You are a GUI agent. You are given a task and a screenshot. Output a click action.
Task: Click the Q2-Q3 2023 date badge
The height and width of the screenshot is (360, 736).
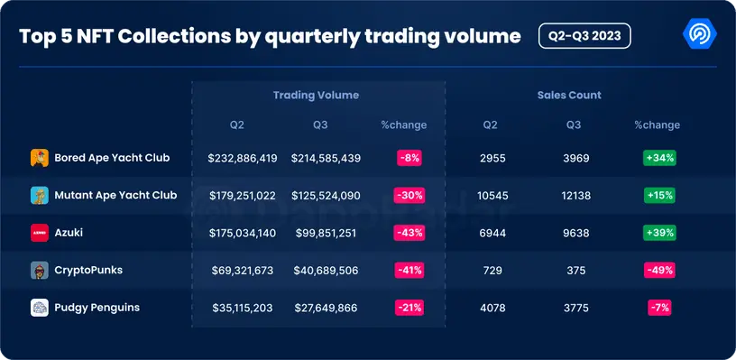pos(584,35)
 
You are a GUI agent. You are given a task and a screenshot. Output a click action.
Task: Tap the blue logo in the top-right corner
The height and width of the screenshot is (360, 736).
pos(701,36)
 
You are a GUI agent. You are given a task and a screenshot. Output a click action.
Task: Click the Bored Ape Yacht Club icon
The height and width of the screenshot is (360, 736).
pos(39,158)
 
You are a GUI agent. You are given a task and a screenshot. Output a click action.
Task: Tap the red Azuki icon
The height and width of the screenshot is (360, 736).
pos(39,233)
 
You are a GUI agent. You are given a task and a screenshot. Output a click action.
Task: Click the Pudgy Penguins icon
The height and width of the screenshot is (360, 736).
pos(39,308)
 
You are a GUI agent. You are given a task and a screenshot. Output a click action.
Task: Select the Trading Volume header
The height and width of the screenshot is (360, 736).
pos(316,95)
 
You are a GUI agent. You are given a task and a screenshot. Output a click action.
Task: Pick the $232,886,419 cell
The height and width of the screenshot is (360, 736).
pos(243,158)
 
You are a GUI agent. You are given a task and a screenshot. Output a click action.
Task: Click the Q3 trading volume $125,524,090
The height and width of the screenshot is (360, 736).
pos(326,196)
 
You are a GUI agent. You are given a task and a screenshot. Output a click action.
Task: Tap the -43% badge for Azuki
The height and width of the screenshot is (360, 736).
pos(409,233)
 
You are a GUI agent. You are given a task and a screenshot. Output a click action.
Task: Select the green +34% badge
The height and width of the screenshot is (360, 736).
pos(659,158)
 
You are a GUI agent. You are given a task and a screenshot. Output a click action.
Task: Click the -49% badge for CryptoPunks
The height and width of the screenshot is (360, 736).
pos(659,271)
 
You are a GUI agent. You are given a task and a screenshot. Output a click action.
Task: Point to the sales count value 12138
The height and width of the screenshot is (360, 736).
pos(574,196)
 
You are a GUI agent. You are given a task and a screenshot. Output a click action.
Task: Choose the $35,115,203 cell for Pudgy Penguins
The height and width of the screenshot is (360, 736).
pos(243,308)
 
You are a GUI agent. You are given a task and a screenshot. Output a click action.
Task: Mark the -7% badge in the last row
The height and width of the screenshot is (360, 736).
pos(659,308)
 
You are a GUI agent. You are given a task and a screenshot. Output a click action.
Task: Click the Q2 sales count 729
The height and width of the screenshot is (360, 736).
pos(492,271)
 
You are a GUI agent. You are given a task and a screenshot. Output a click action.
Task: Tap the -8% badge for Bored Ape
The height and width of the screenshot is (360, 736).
pos(409,158)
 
